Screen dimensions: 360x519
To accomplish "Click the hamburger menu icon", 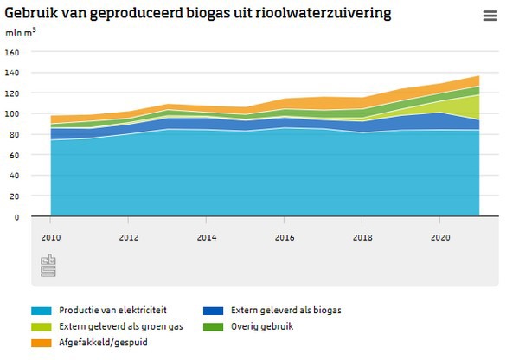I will pos(490,16).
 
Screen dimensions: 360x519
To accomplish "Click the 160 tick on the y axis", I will pos(12,52).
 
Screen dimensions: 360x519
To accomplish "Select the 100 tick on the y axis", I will pos(12,114).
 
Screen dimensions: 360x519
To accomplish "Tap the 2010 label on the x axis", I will pos(50,236).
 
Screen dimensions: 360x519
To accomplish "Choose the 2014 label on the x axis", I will pos(206,236).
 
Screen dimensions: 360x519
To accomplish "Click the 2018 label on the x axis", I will pos(362,236).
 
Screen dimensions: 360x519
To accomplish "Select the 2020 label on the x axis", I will pos(440,236).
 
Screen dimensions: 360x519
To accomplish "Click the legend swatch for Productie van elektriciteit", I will pos(41,310).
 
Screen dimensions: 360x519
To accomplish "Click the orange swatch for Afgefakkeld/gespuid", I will pos(41,343).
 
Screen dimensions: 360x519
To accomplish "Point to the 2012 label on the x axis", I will pos(128,236).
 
